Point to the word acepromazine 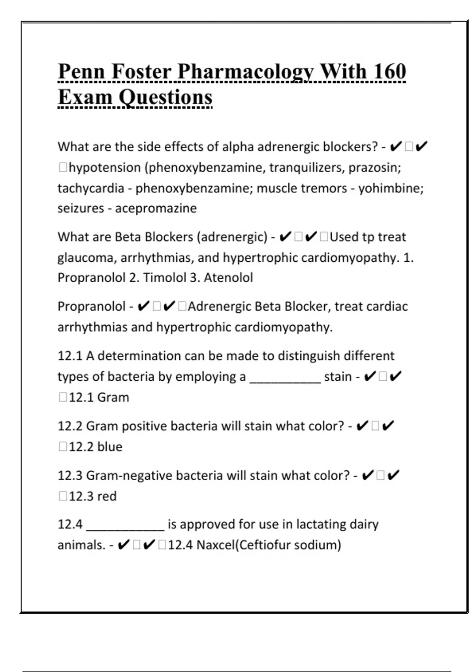pos(156,208)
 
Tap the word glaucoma pos(87,258)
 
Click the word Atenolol pos(228,277)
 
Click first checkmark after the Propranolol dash pos(143,306)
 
